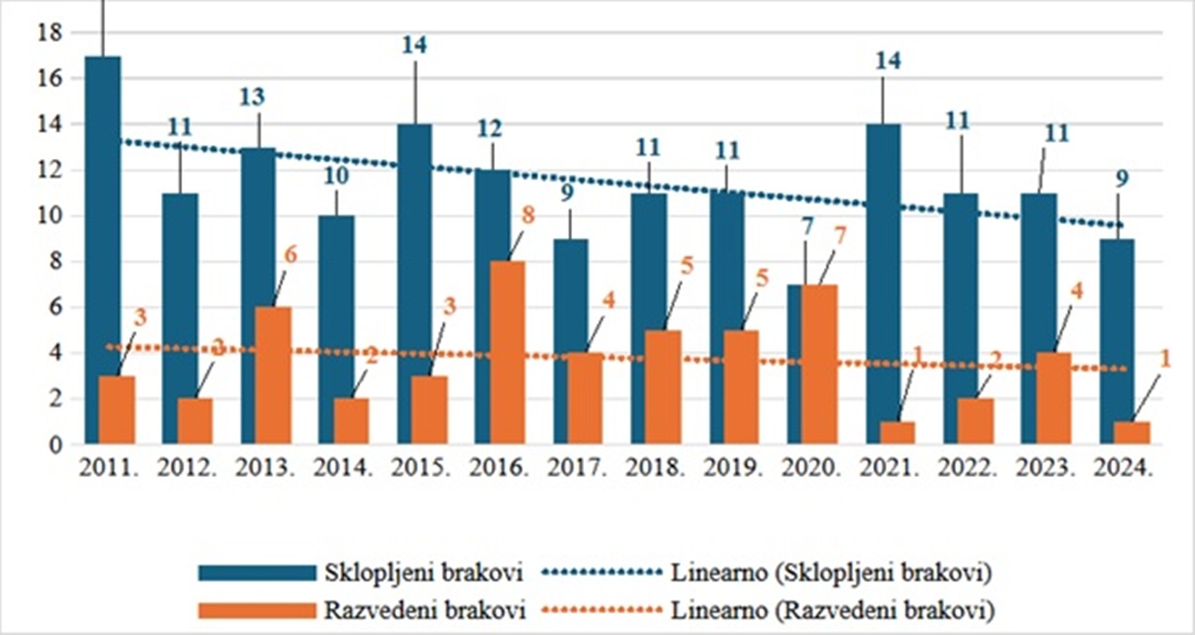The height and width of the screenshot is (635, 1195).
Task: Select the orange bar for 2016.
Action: [509, 352]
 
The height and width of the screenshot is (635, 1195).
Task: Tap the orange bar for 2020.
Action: [820, 364]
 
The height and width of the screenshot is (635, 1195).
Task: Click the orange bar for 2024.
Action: [1132, 432]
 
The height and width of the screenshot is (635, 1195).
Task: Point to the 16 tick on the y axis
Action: [48, 79]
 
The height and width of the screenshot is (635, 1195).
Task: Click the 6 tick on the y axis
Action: [55, 307]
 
